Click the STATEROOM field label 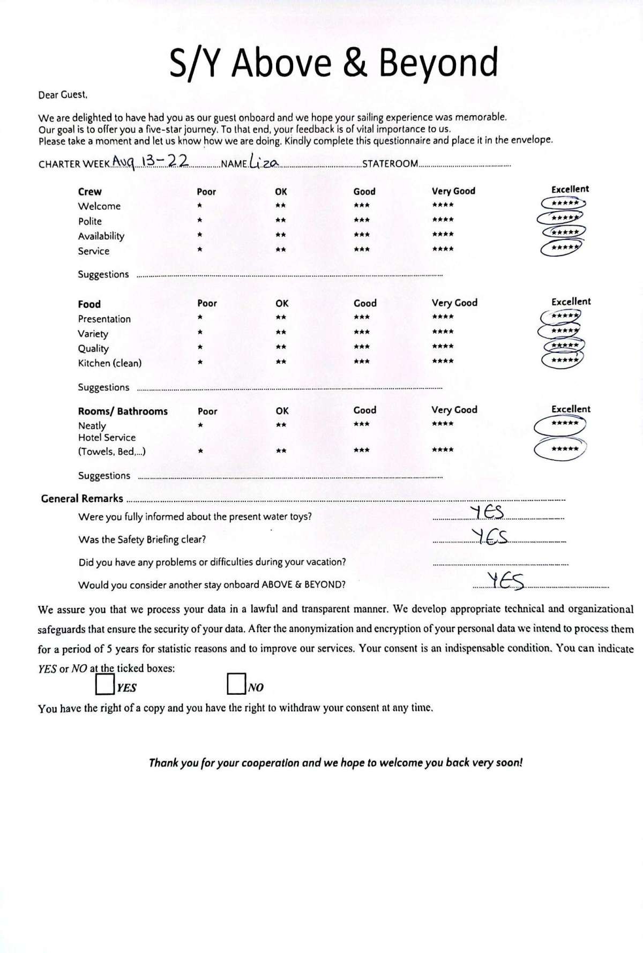[390, 164]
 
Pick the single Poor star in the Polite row [199, 220]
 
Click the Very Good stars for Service [443, 249]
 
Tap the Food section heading [89, 304]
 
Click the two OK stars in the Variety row [281, 333]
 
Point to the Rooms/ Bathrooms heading [123, 411]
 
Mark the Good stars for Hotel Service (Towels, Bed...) [362, 451]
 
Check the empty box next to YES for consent [104, 684]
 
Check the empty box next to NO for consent [236, 684]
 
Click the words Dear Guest [63, 95]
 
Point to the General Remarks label [82, 499]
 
